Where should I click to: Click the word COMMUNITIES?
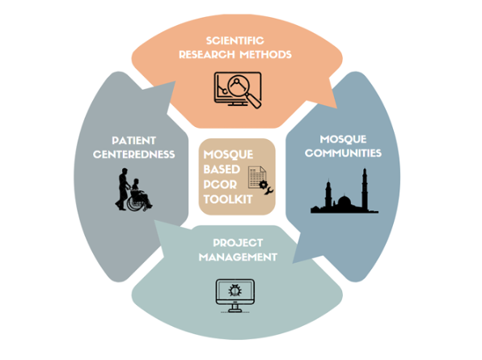348,153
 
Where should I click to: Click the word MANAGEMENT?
242,257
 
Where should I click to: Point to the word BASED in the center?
221,169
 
